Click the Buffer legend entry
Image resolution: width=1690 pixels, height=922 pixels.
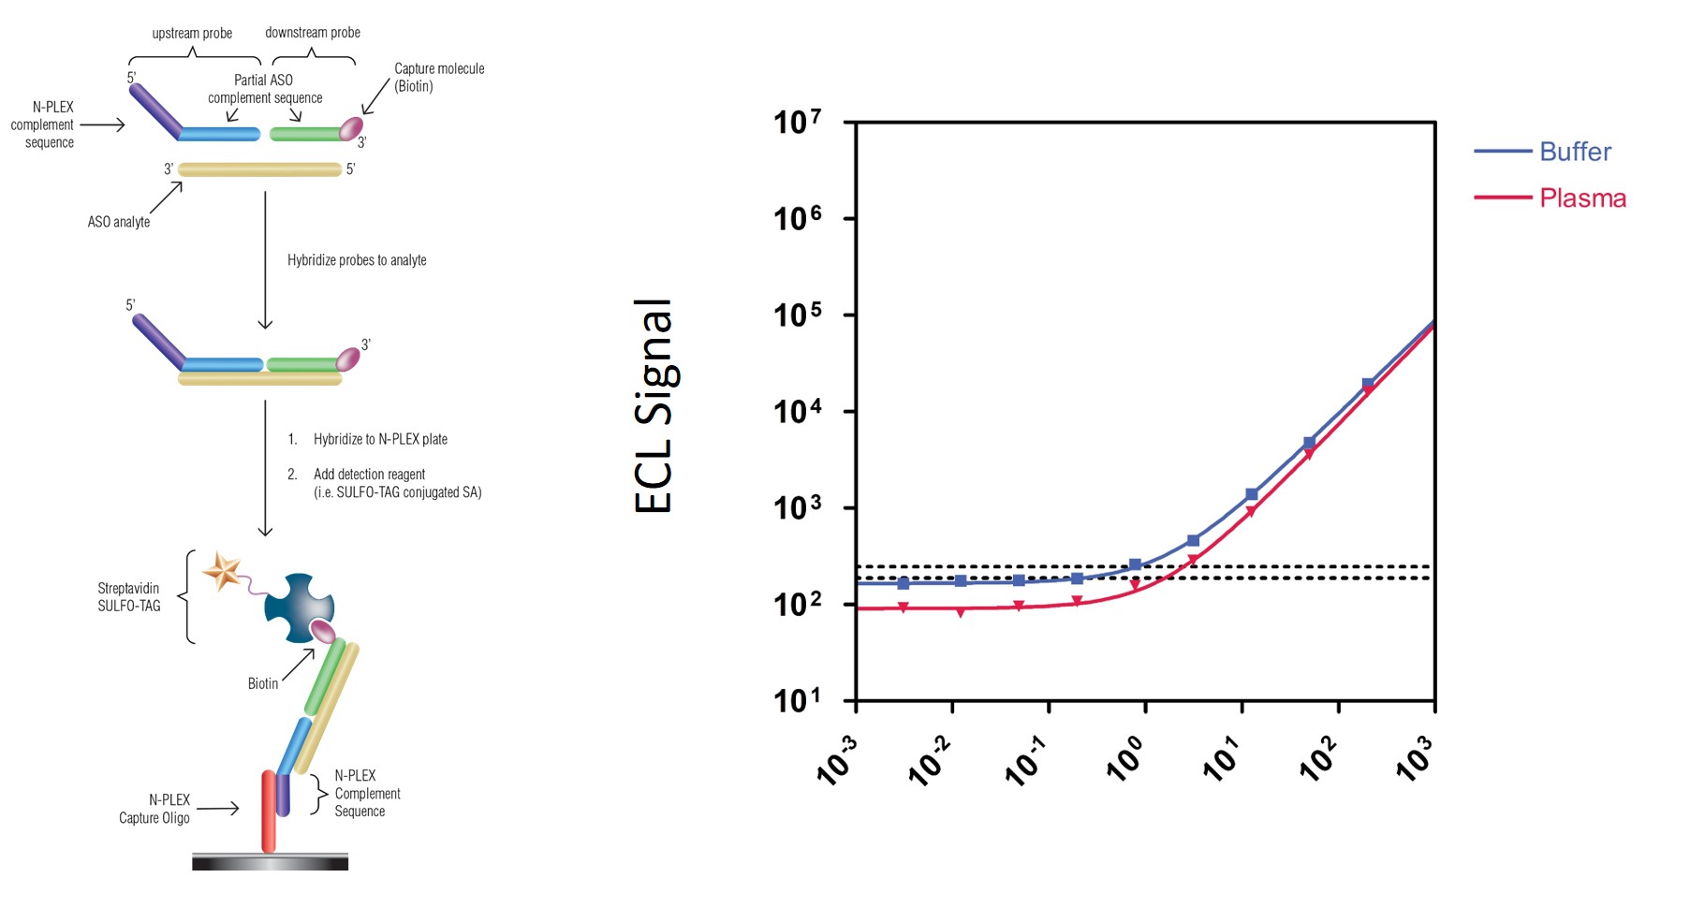[x=1575, y=152]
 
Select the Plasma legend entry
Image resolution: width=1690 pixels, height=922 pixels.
[x=1582, y=198]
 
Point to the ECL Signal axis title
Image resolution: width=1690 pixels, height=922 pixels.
[x=654, y=406]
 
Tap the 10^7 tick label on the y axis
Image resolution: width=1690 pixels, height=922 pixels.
[x=797, y=122]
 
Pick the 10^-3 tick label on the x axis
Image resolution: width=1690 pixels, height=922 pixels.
[x=836, y=760]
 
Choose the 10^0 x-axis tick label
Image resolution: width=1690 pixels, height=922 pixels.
[x=1124, y=760]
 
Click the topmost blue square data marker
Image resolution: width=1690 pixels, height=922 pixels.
[x=1368, y=385]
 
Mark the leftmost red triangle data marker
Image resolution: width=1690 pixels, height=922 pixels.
[x=904, y=608]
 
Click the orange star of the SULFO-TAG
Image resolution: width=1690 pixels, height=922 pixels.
[x=223, y=570]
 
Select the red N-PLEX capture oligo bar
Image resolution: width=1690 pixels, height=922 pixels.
[x=269, y=811]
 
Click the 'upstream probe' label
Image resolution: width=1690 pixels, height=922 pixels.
[x=192, y=34]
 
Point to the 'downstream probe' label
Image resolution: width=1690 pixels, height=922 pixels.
[x=313, y=33]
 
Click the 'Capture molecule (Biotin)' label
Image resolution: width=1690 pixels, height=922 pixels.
[x=438, y=78]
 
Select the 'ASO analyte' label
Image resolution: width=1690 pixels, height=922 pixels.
[x=119, y=222]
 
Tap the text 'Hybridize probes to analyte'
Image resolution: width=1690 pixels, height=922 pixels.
[x=357, y=260]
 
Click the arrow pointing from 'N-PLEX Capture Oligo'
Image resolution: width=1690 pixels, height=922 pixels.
[x=218, y=809]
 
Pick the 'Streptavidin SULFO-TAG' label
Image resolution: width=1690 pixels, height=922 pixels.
[x=129, y=597]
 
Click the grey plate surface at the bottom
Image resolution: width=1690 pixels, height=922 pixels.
[x=270, y=862]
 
